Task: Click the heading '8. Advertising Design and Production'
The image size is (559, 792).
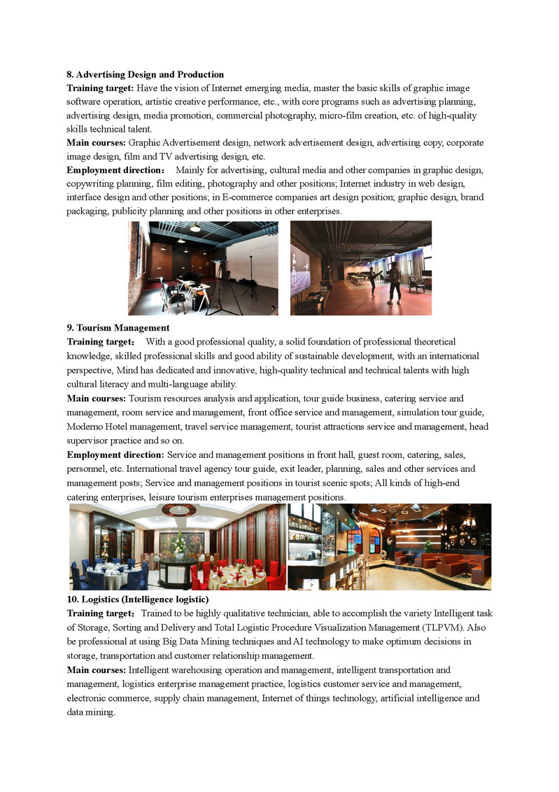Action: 146,74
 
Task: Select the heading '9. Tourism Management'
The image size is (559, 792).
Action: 118,327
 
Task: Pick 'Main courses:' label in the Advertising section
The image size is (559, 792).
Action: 97,142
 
